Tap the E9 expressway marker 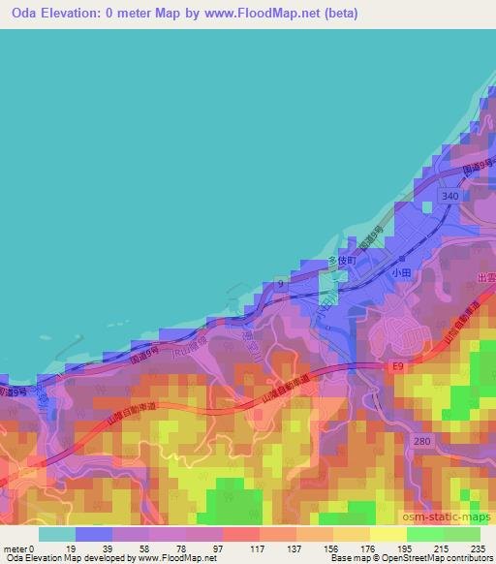(x=397, y=366)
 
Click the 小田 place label (x=401, y=274)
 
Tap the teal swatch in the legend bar (x=56, y=534)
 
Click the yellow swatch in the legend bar (x=387, y=534)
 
